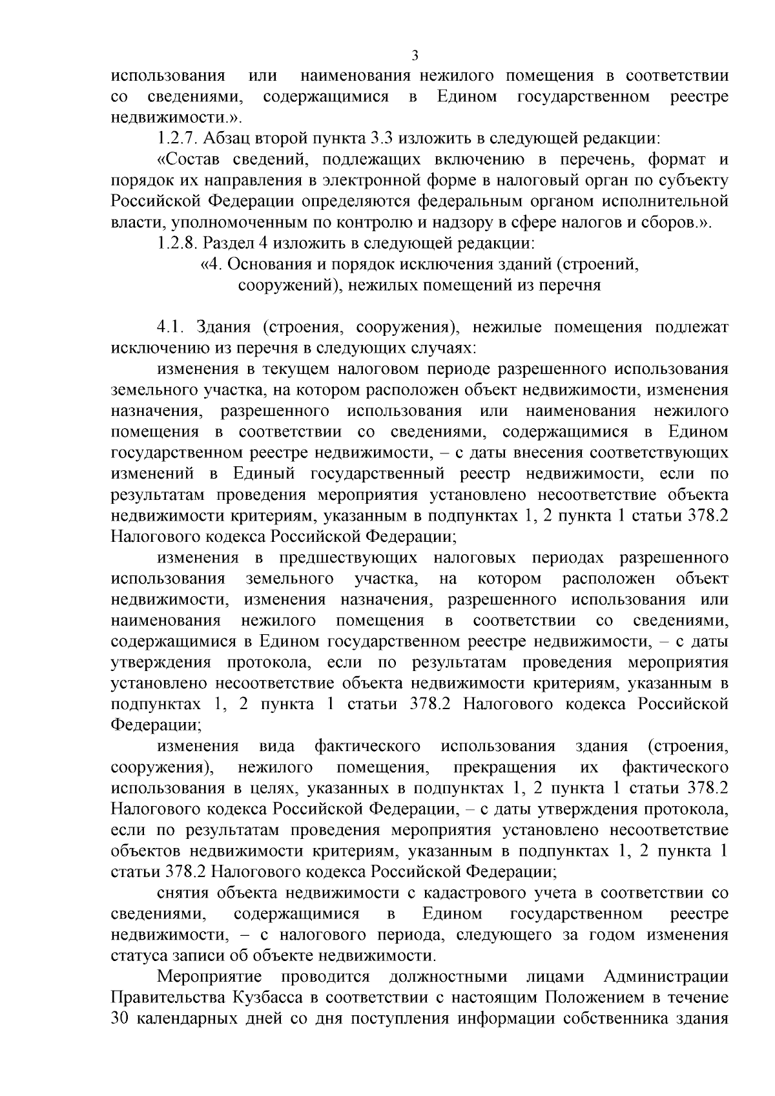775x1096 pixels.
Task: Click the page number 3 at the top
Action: (x=415, y=56)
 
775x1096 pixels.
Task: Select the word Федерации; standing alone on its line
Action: (x=156, y=725)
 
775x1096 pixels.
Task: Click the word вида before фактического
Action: (x=277, y=747)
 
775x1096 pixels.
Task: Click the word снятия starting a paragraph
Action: (x=183, y=893)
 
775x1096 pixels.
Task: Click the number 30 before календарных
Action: (x=121, y=1019)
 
